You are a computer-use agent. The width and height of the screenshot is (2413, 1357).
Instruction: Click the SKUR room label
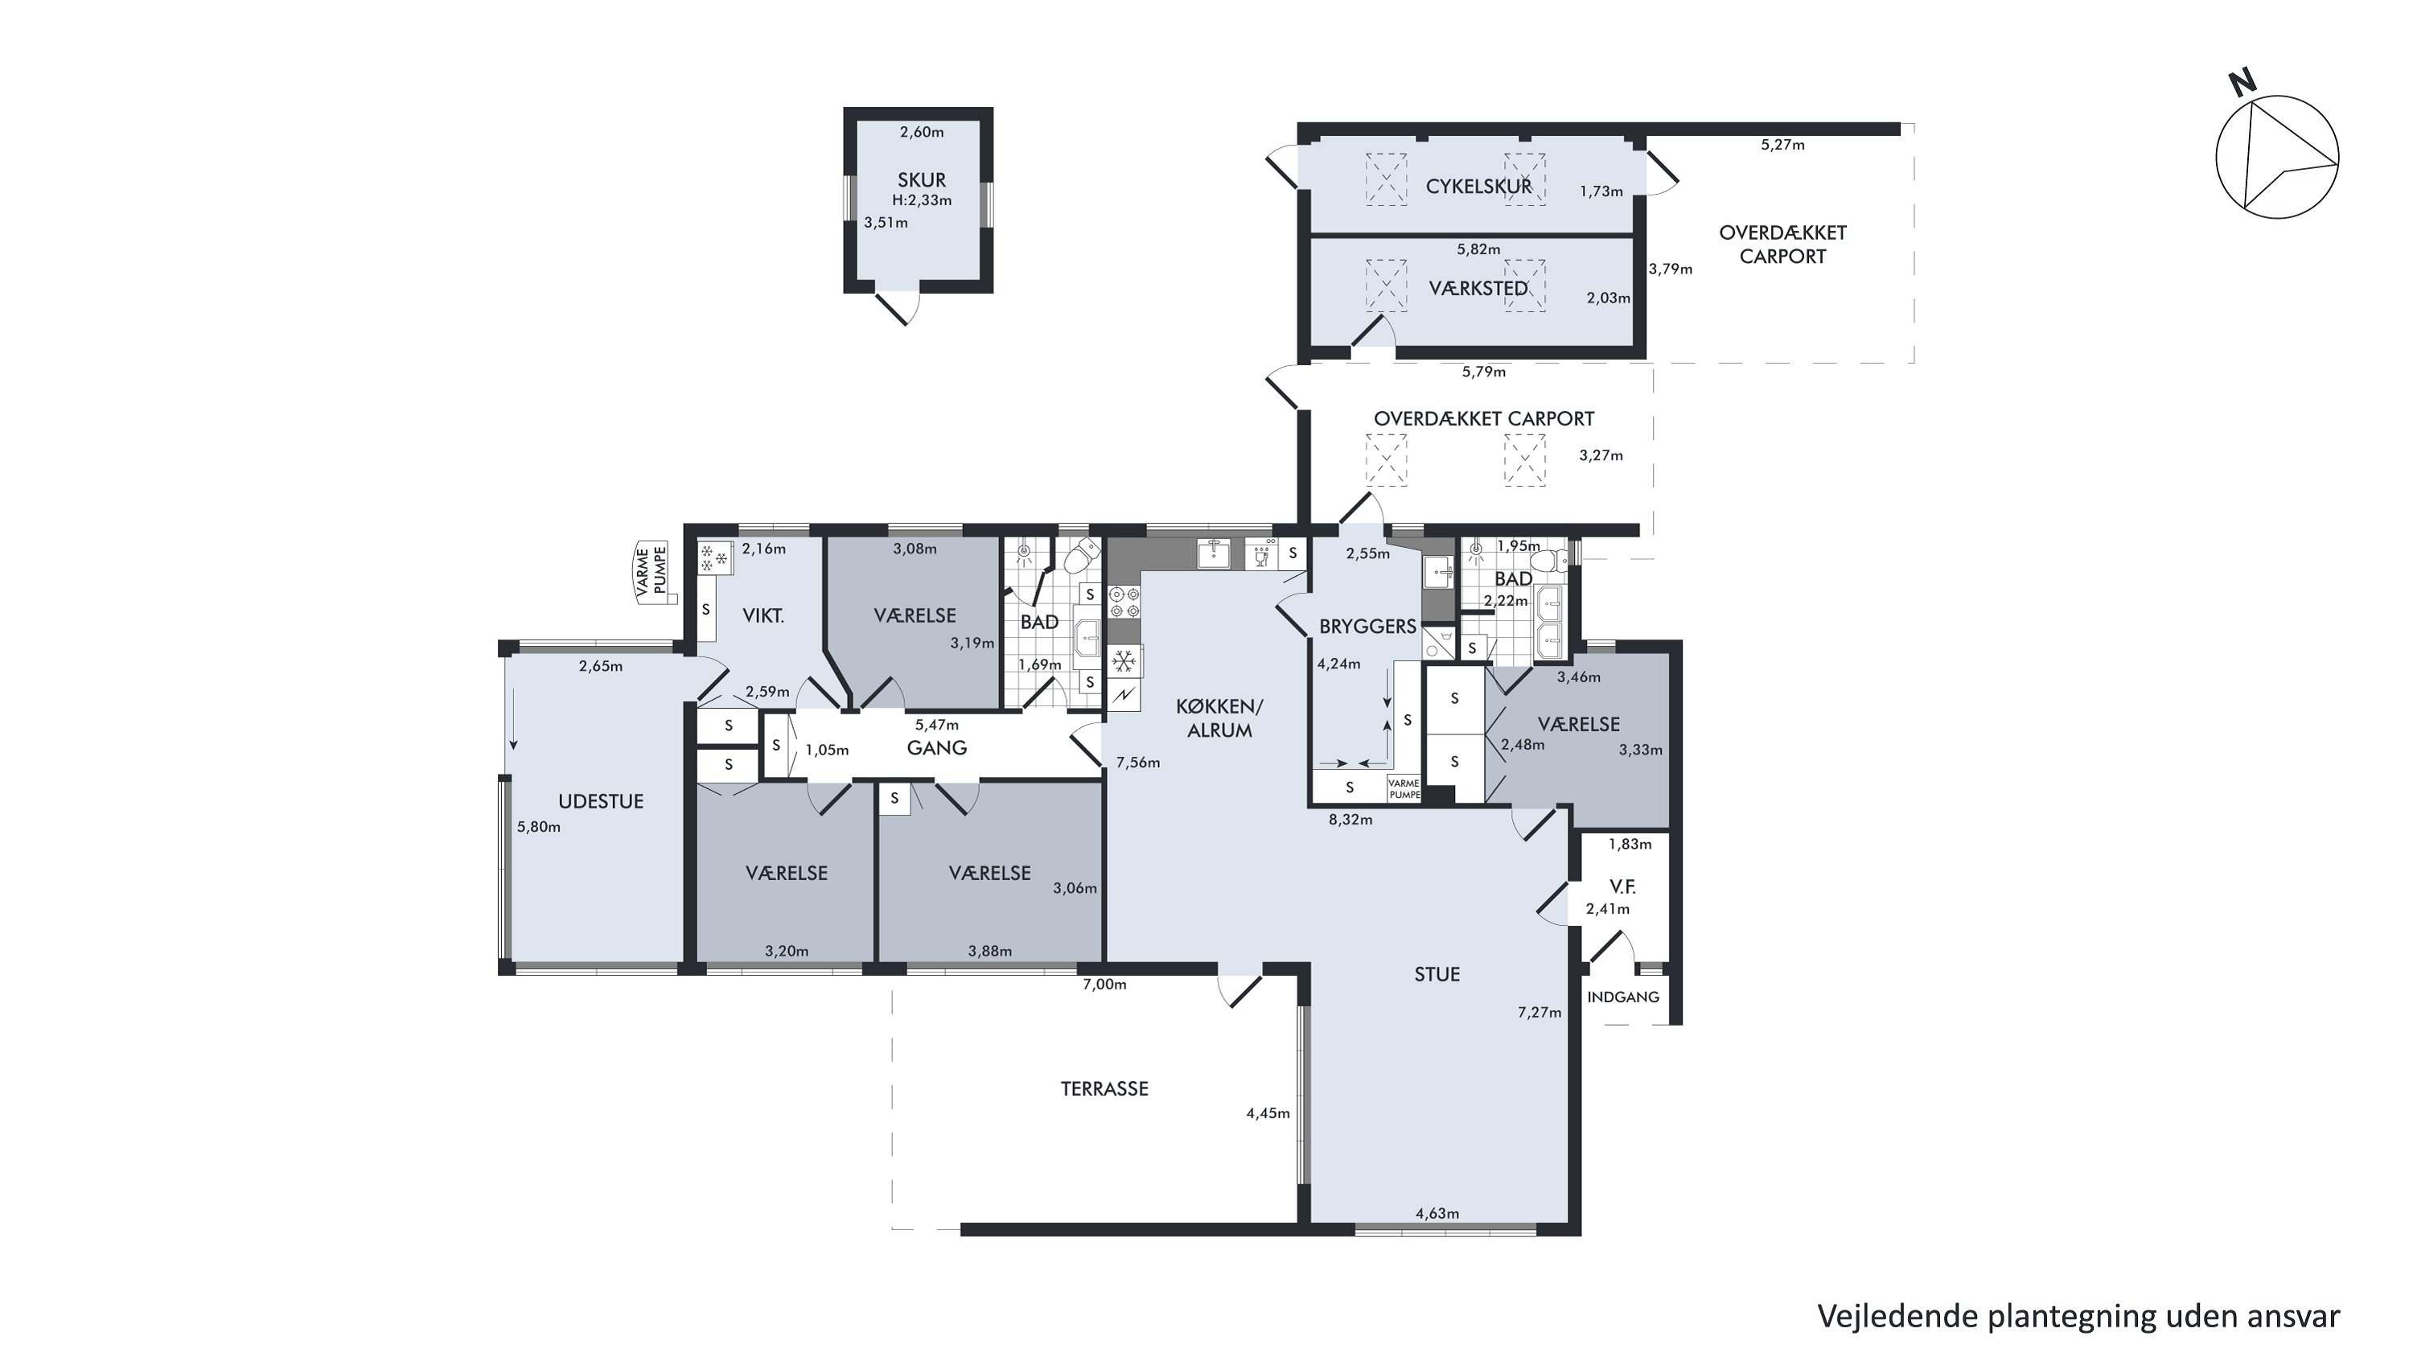pos(922,180)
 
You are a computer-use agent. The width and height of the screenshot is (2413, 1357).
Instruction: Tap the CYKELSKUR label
pos(1479,187)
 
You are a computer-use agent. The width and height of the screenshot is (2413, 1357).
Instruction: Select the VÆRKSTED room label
pos(1478,289)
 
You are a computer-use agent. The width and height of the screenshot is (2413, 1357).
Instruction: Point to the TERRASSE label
pos(1104,1088)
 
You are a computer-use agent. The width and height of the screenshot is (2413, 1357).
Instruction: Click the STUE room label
pos(1437,974)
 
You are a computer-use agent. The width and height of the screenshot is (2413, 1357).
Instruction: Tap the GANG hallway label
pos(937,747)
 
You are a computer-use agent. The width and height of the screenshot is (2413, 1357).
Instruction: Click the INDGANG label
pos(1623,997)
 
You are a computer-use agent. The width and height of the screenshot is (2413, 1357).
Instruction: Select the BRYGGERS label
pos(1367,627)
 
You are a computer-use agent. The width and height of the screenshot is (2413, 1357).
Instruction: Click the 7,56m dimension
pos(1138,763)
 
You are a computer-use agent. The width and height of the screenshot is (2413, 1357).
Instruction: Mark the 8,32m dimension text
pos(1350,820)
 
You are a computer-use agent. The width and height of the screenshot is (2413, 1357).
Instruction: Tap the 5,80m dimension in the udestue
pos(539,827)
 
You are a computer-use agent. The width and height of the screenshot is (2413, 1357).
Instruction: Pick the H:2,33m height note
pos(922,200)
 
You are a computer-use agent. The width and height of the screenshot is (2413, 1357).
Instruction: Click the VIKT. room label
pos(763,615)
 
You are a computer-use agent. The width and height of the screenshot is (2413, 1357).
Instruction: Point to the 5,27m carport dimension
pos(1782,144)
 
